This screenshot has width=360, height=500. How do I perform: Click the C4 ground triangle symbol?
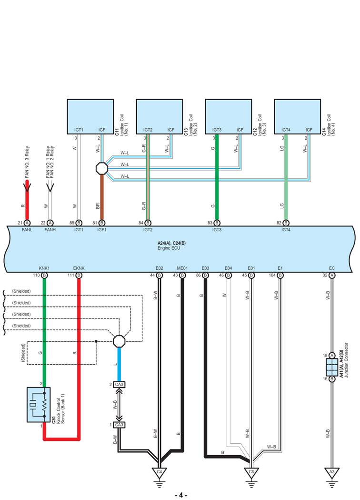click(x=159, y=472)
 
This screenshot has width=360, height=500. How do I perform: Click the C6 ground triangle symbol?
click(x=251, y=472)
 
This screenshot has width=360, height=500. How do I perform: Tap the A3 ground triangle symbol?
click(x=331, y=472)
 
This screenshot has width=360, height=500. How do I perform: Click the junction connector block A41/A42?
click(x=331, y=367)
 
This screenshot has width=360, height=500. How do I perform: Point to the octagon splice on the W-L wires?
click(x=101, y=168)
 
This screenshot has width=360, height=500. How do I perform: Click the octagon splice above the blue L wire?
click(x=119, y=341)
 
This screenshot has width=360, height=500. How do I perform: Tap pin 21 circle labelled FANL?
click(x=27, y=223)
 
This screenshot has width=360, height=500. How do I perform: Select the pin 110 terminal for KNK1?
click(x=44, y=276)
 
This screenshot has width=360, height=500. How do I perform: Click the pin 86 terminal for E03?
click(x=205, y=276)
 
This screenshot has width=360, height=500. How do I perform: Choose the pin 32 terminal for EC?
click(x=331, y=276)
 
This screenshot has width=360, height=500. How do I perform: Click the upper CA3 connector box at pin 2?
click(x=119, y=384)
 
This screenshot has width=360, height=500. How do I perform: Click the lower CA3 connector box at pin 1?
click(x=119, y=425)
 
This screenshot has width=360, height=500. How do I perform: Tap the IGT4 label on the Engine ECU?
click(x=286, y=229)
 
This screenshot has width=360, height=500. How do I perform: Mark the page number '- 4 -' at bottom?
click(x=180, y=495)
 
